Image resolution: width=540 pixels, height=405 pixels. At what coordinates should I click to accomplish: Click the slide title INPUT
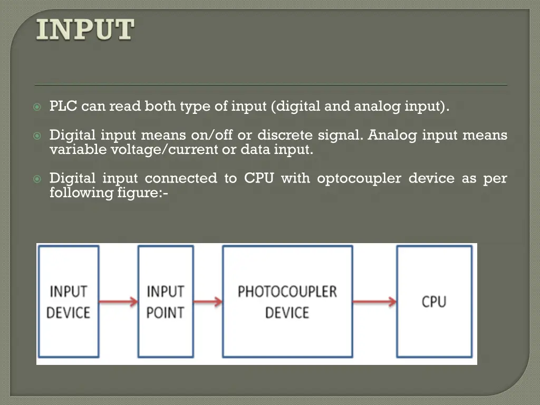[x=85, y=30]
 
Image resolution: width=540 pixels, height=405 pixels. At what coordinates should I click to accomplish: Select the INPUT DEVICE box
[x=67, y=302]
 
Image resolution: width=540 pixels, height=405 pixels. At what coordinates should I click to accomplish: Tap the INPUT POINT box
[x=165, y=302]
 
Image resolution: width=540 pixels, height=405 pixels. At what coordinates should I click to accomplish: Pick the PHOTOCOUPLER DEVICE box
[x=287, y=302]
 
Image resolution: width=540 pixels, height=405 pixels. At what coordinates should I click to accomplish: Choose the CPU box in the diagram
[x=434, y=302]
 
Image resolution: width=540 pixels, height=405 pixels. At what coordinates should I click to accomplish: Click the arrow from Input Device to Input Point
[x=118, y=302]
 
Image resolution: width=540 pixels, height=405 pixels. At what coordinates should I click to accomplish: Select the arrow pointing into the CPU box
[x=374, y=302]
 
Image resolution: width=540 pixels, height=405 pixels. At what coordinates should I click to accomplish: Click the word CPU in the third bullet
[x=258, y=178]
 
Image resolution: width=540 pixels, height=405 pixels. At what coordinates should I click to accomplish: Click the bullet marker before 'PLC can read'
[x=37, y=107]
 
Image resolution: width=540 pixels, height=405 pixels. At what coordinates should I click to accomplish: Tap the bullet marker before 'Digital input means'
[x=37, y=136]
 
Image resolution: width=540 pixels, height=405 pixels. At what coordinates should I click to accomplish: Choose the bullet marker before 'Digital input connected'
[x=37, y=179]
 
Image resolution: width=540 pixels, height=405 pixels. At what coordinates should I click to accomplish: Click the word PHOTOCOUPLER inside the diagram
[x=287, y=292]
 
